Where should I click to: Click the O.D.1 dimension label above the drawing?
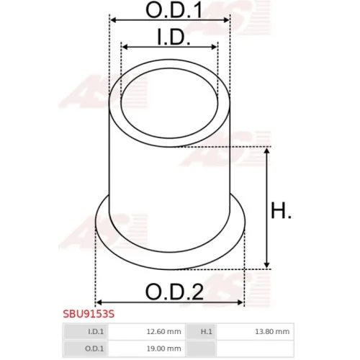coord(174,10)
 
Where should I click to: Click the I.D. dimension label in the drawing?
coord(174,37)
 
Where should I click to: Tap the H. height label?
coord(281,210)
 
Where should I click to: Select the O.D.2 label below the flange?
coord(174,292)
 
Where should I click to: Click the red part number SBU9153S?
coord(89,314)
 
